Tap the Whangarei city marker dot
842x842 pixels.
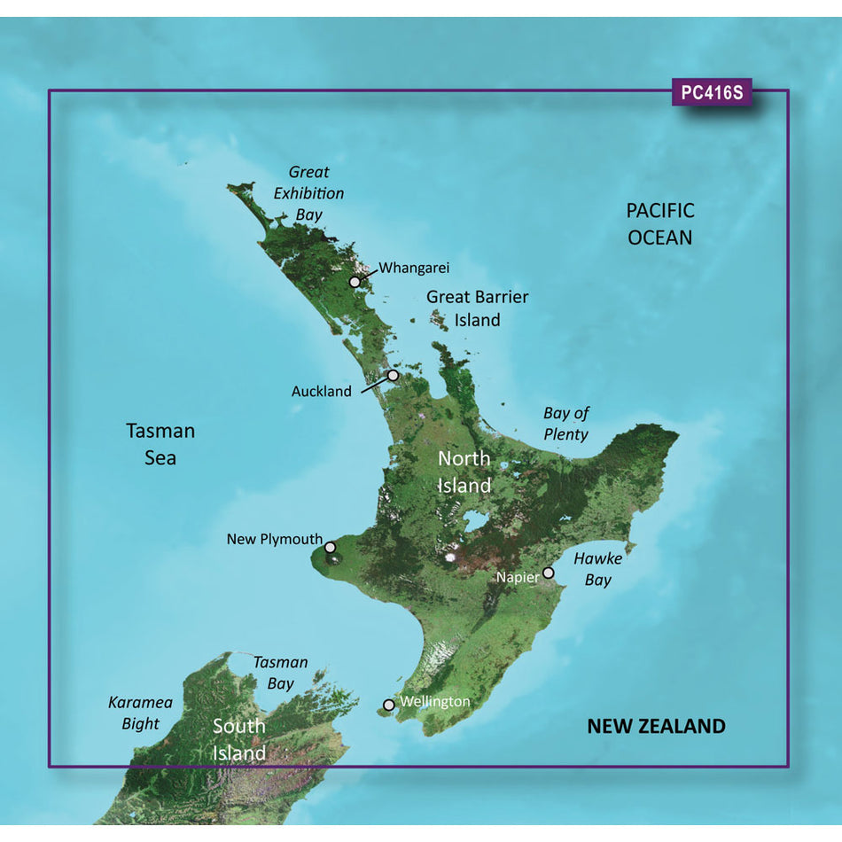pyautogui.click(x=355, y=282)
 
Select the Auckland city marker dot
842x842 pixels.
pyautogui.click(x=394, y=376)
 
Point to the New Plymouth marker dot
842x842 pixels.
pyautogui.click(x=330, y=548)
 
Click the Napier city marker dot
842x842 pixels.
pyautogui.click(x=549, y=573)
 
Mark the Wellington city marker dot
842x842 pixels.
pyautogui.click(x=388, y=706)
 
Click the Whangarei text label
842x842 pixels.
pyautogui.click(x=414, y=268)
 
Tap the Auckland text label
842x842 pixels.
pyautogui.click(x=321, y=391)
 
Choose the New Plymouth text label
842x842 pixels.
pyautogui.click(x=274, y=539)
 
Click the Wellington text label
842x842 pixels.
pyautogui.click(x=435, y=702)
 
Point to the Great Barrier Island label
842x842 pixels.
pyautogui.click(x=477, y=308)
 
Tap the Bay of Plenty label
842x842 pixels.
pyautogui.click(x=566, y=424)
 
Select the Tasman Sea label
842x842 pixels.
pyautogui.click(x=160, y=444)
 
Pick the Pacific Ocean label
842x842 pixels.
pyautogui.click(x=660, y=224)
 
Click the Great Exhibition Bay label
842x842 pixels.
pyautogui.click(x=308, y=193)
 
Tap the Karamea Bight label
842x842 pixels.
pyautogui.click(x=140, y=713)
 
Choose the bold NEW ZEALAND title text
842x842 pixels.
pyautogui.click(x=656, y=727)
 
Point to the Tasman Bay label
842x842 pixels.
pyautogui.click(x=280, y=673)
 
